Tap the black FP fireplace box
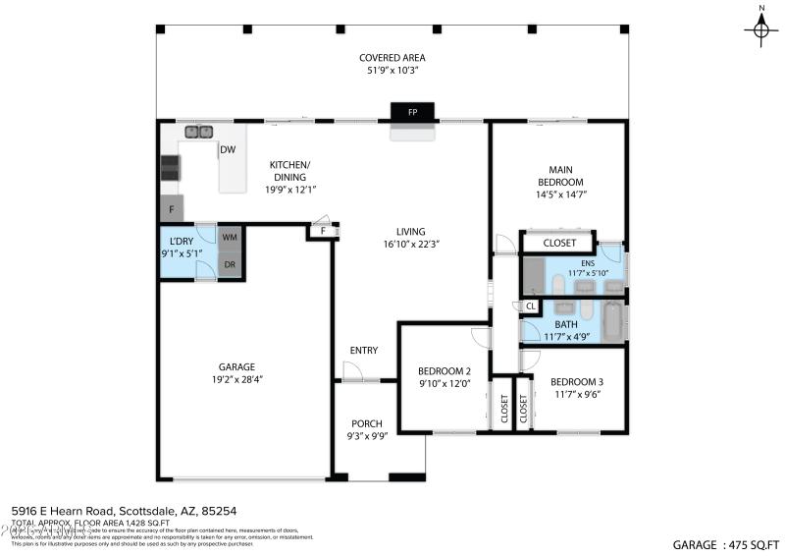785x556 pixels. pos(412,112)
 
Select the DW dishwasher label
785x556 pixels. pos(228,150)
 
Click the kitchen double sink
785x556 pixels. pos(199,131)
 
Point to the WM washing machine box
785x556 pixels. pos(230,238)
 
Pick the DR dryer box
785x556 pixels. pos(230,265)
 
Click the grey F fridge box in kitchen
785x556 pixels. pos(172,208)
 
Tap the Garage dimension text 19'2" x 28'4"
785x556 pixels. pos(236,378)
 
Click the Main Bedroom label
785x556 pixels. pos(559,175)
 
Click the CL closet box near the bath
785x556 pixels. pos(529,306)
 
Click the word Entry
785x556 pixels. pos(363,351)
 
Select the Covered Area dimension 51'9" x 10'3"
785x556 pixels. pos(392,71)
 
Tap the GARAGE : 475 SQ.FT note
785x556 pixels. pos(726,543)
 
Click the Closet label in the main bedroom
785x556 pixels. pos(559,243)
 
